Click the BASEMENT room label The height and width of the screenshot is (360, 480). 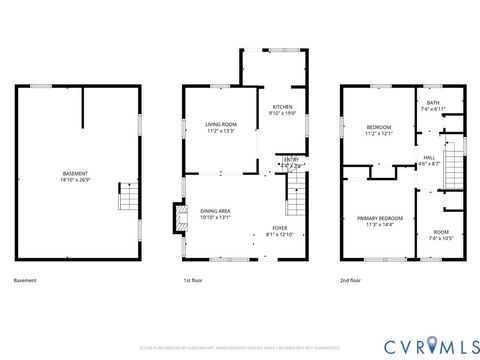[75, 175]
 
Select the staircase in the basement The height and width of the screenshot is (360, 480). [126, 196]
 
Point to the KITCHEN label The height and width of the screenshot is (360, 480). [282, 107]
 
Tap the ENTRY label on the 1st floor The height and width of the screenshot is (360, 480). [291, 159]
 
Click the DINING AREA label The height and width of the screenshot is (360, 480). [216, 211]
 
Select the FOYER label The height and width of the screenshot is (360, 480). [279, 228]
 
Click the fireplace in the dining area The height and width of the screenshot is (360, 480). [179, 218]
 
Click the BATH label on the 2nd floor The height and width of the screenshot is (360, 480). [433, 102]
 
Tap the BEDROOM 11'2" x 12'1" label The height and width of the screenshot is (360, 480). [378, 129]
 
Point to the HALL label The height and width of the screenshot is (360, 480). [429, 158]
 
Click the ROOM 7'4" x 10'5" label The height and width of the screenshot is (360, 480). [440, 233]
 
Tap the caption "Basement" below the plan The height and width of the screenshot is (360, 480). [25, 282]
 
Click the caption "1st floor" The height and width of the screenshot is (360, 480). [194, 282]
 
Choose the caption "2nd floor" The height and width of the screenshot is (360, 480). [351, 282]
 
